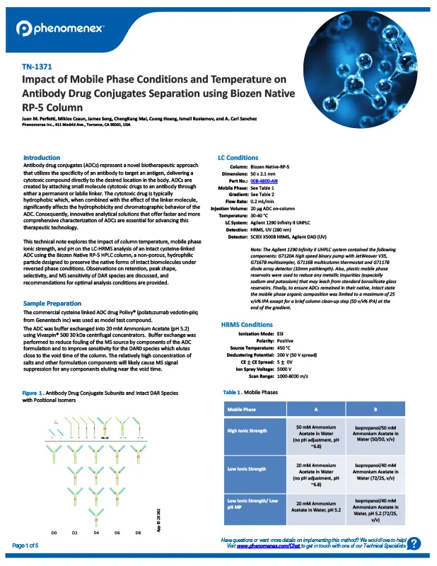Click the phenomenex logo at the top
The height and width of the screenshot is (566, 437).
tap(60, 28)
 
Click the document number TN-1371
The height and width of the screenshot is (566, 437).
tap(38, 67)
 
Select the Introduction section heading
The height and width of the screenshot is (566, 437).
tap(42, 157)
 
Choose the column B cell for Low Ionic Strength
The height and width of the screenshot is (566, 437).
tap(380, 468)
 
